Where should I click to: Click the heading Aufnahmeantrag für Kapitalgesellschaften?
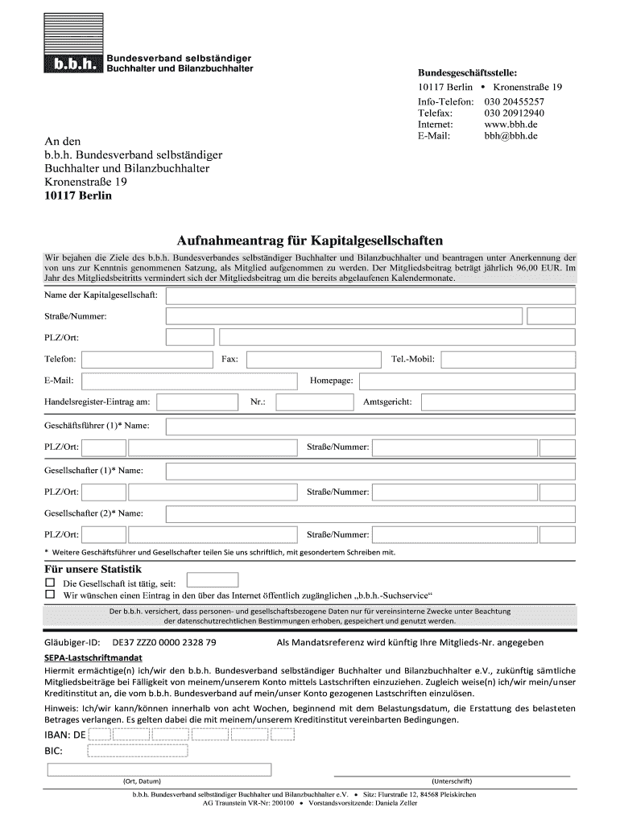pyautogui.click(x=310, y=241)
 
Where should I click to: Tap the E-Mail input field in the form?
pyautogui.click(x=188, y=380)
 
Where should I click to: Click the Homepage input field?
pyautogui.click(x=467, y=380)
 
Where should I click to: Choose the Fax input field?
pyautogui.click(x=312, y=359)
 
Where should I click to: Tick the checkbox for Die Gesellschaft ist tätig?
pyautogui.click(x=50, y=582)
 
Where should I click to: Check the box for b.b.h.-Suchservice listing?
pyautogui.click(x=50, y=595)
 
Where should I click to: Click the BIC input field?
pyautogui.click(x=137, y=751)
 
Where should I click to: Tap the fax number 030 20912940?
pyautogui.click(x=514, y=113)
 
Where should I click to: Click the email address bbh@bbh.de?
pyautogui.click(x=510, y=136)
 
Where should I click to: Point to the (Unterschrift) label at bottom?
pyautogui.click(x=451, y=781)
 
